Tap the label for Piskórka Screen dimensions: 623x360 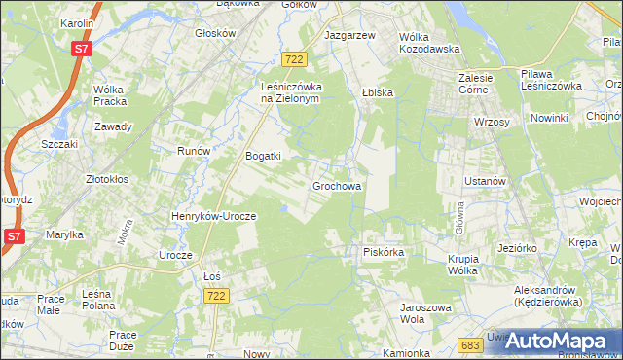coord(383,252)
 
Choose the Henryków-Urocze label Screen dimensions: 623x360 coord(213,216)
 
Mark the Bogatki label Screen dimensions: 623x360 coord(263,156)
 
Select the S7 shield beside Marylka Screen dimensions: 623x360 coord(14,236)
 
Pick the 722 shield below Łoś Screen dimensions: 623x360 coord(216,296)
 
